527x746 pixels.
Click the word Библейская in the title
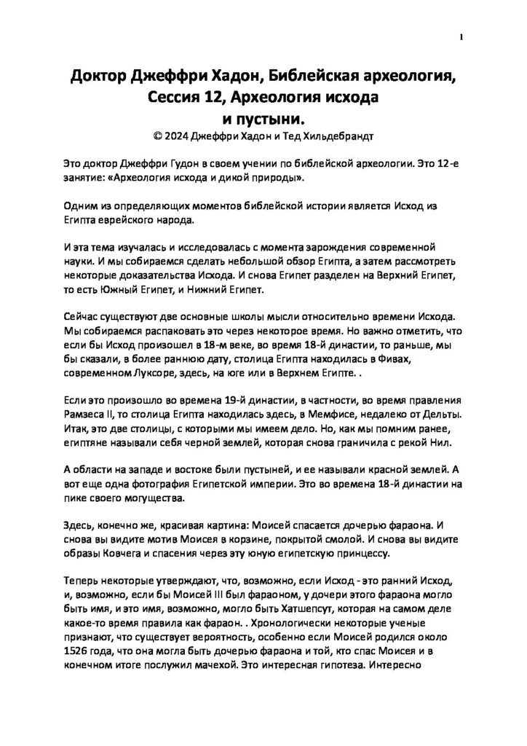320,76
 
